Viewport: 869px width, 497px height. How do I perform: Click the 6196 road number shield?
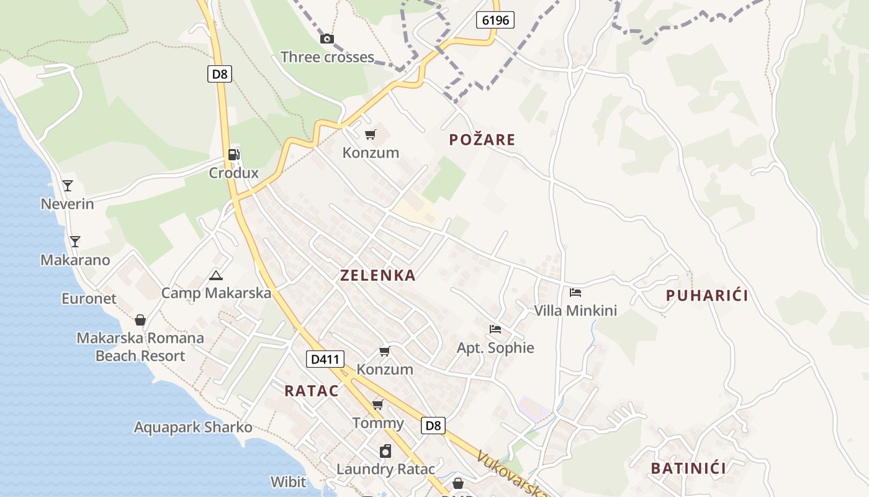click(495, 20)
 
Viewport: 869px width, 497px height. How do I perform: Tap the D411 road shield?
click(325, 358)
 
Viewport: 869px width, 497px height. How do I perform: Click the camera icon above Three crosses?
click(326, 39)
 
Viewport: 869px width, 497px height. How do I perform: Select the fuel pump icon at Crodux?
click(233, 155)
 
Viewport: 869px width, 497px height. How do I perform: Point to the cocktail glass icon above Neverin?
click(68, 185)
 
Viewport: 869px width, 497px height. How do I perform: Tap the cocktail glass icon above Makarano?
click(75, 241)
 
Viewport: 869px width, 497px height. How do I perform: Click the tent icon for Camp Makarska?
click(215, 275)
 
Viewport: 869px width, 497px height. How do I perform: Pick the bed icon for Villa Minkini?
click(575, 292)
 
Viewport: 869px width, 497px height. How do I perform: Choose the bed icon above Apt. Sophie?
click(495, 329)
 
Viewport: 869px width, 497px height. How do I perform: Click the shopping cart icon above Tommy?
click(377, 405)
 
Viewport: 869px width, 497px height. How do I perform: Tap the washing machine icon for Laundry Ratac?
click(385, 450)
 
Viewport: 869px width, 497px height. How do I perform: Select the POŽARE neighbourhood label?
click(482, 140)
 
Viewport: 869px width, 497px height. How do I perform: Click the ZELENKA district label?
click(377, 275)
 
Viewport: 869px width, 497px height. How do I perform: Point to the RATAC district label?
click(312, 391)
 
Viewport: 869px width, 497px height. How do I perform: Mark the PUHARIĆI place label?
click(707, 296)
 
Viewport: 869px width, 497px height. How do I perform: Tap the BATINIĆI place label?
click(688, 468)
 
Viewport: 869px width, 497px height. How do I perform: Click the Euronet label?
click(89, 298)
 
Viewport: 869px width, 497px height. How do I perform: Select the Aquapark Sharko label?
click(193, 427)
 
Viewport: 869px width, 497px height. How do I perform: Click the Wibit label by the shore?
click(288, 481)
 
